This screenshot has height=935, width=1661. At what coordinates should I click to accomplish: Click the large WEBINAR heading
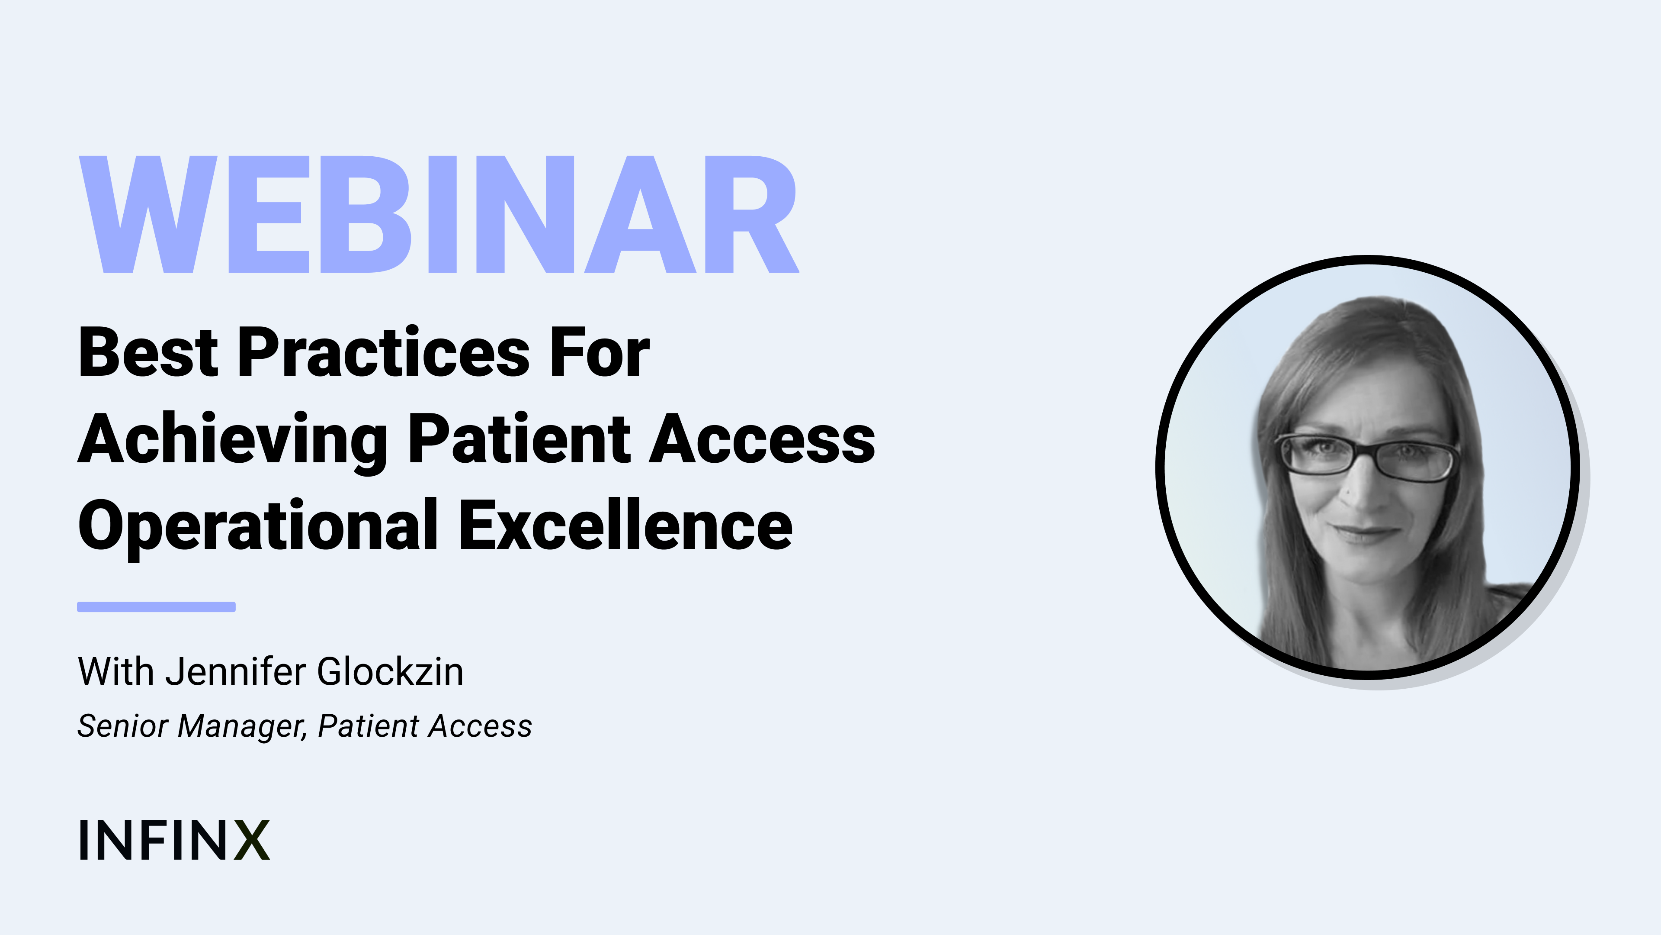coord(439,214)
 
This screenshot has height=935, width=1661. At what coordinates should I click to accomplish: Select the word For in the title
coord(600,352)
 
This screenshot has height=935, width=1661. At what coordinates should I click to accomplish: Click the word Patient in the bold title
coord(519,439)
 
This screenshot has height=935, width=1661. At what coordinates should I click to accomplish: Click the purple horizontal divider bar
coord(156,606)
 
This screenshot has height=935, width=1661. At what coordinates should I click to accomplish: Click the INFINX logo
coord(174,840)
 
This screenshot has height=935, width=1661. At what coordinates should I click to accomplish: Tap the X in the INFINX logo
coord(251,840)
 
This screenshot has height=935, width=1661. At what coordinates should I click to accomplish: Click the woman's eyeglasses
coord(1367,457)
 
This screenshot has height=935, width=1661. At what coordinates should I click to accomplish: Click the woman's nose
coord(1360,490)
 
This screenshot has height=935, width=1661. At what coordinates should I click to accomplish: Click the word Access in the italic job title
coord(481,726)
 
